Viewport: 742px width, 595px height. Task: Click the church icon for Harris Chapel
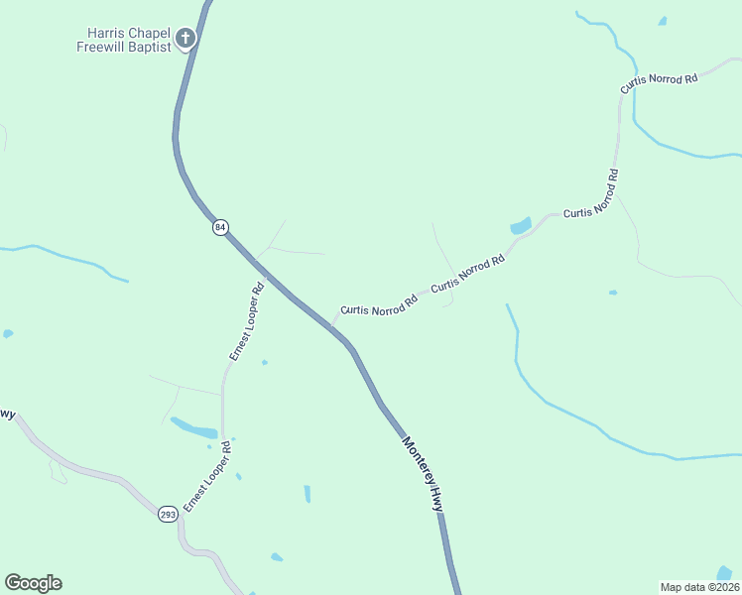tap(185, 40)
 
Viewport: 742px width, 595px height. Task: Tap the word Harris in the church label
tap(106, 32)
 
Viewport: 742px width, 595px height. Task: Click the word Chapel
tap(149, 32)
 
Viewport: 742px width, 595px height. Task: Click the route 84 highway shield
tap(220, 227)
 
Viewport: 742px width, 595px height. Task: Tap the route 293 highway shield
tap(167, 514)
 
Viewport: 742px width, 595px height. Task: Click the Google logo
tap(33, 583)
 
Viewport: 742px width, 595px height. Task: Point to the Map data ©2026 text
tap(700, 586)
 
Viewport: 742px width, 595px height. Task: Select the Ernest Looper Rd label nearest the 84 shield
tap(245, 322)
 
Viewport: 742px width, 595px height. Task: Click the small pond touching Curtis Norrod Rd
tap(521, 226)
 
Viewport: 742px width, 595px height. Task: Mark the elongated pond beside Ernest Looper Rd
tap(193, 428)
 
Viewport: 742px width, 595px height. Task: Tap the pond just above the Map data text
tap(725, 572)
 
